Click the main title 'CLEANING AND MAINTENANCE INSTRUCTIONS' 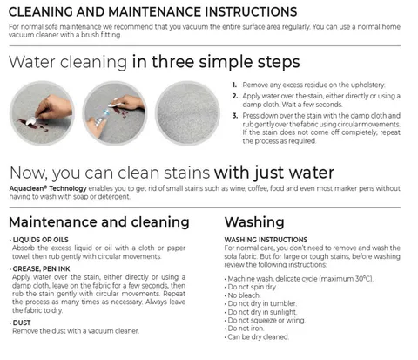coord(152,12)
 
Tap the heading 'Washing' coord(254,222)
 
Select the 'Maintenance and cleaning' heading coord(99,222)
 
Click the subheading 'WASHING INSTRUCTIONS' coord(266,240)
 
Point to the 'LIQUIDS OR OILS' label coord(41,240)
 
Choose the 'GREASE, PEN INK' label coord(42,268)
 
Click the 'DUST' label coord(22,323)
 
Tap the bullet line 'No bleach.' coord(244,295)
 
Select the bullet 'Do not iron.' coord(246,329)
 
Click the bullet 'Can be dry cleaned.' coord(259,337)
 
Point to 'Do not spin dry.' coord(253,287)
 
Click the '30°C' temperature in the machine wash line coord(363,279)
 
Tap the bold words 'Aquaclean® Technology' coord(48,188)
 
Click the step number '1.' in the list coord(234,85)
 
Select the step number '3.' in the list coord(235,116)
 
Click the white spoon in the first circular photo coord(31,121)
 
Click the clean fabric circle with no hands coord(187,113)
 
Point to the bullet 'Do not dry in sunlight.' coord(262,312)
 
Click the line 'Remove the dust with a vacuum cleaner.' coord(76,331)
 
